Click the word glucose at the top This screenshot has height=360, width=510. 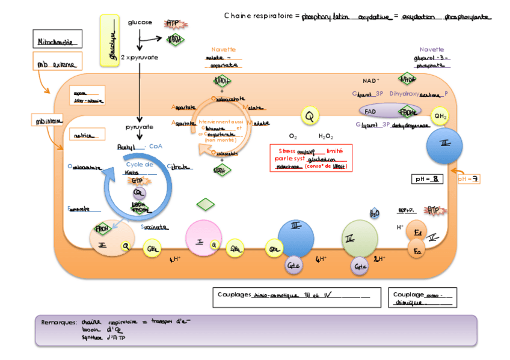[140, 22]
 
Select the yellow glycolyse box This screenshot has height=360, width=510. [109, 40]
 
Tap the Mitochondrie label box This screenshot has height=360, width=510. [57, 42]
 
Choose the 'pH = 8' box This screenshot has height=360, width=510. [428, 179]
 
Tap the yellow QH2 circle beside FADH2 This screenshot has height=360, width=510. [440, 116]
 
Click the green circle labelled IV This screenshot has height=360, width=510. [359, 239]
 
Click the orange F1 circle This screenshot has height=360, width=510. [416, 231]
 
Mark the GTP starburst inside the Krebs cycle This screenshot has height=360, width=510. [137, 180]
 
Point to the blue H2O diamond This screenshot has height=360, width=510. [374, 213]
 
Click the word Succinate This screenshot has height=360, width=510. [155, 228]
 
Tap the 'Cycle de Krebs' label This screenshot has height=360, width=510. [139, 168]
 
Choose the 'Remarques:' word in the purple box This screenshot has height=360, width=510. [58, 322]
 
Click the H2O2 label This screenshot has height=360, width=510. [326, 136]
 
